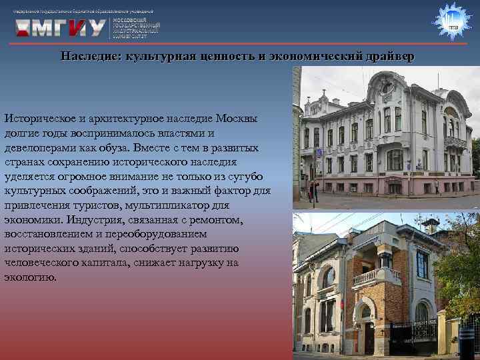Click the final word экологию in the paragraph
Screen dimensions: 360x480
pos(28,277)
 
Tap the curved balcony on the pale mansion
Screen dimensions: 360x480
pos(455,142)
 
